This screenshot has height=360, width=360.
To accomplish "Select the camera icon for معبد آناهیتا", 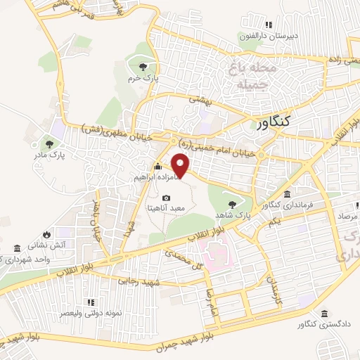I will click(x=167, y=198).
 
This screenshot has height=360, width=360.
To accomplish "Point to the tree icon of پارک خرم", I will click(x=143, y=65).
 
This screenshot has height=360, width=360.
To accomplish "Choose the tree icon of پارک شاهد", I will click(x=232, y=197).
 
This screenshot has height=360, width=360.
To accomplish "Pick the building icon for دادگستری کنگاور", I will click(x=324, y=314).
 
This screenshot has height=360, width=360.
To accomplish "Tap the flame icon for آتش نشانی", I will click(x=46, y=234).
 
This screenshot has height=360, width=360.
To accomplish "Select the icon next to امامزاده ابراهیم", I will click(x=157, y=167).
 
